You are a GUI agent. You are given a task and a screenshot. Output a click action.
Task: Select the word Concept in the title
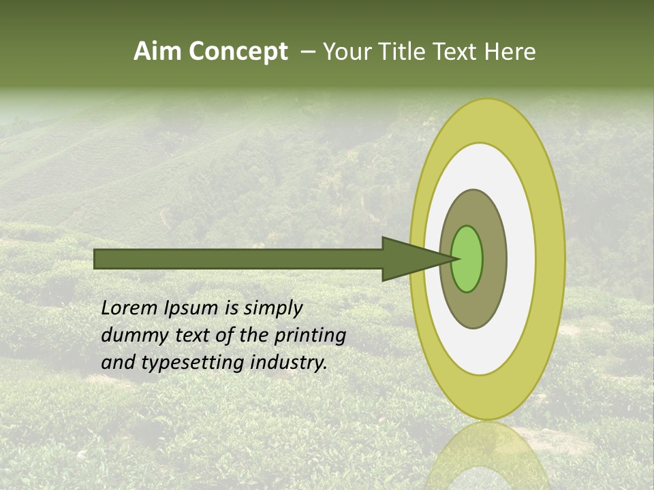[238, 52]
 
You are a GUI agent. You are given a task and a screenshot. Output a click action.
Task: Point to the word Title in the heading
[409, 52]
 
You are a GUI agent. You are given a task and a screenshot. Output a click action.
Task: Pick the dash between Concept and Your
[307, 52]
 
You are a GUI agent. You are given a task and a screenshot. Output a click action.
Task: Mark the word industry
[289, 363]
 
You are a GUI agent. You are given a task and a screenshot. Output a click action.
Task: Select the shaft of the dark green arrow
[238, 259]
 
